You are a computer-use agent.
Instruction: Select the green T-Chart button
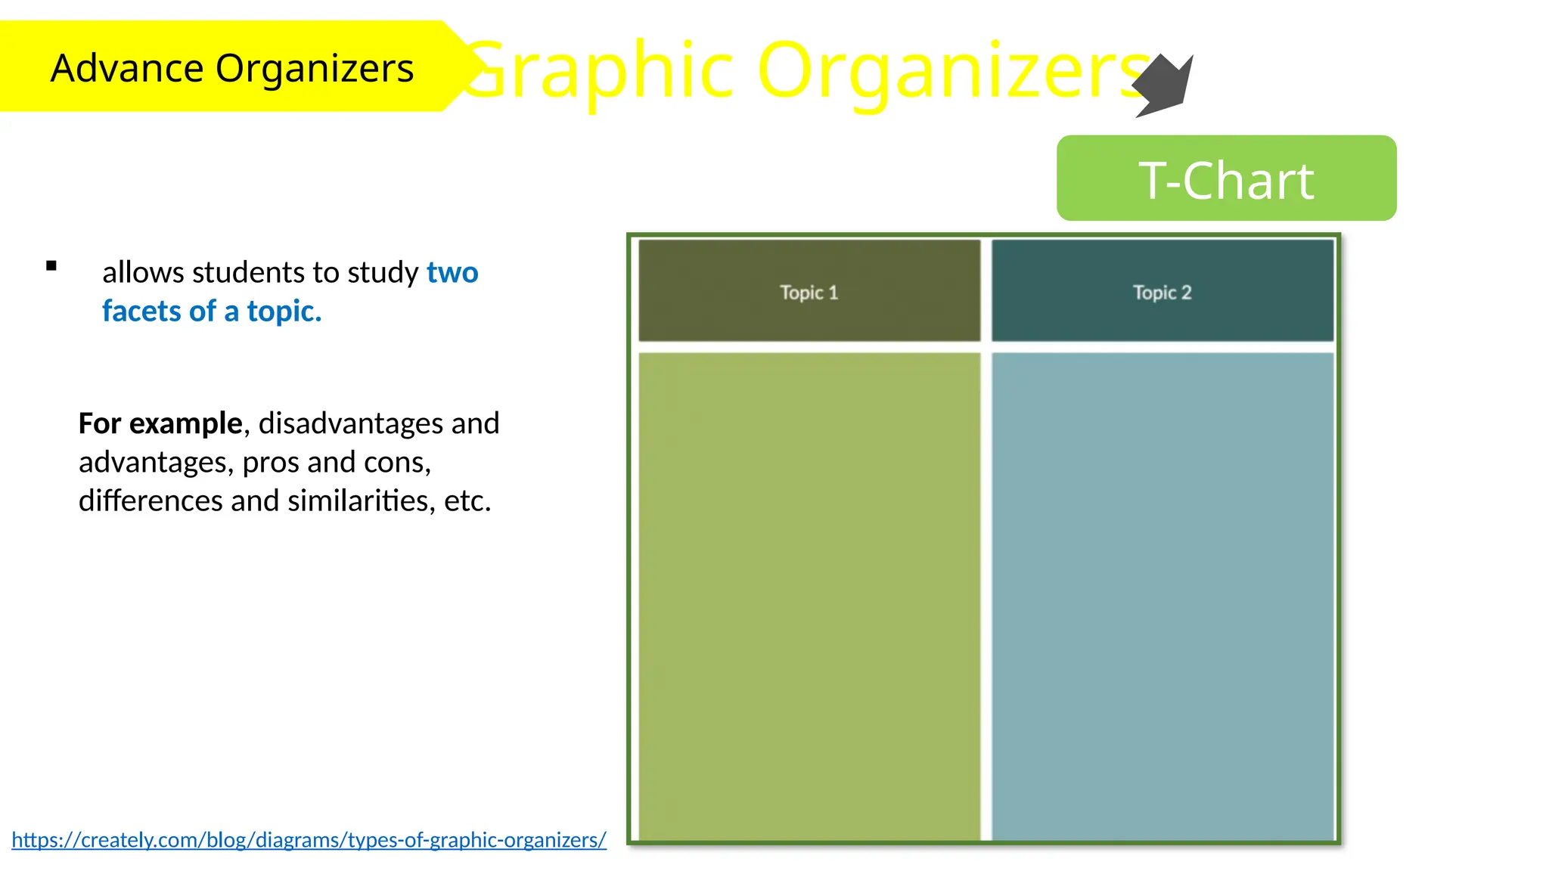click(1226, 179)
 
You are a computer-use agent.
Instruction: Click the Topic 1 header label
click(809, 293)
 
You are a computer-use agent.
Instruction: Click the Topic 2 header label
click(1162, 293)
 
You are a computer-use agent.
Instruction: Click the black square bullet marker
click(51, 265)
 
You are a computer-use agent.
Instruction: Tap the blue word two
click(452, 272)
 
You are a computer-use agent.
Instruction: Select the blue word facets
click(141, 311)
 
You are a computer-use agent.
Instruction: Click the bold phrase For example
click(160, 423)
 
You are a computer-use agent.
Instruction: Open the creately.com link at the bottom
click(309, 840)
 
